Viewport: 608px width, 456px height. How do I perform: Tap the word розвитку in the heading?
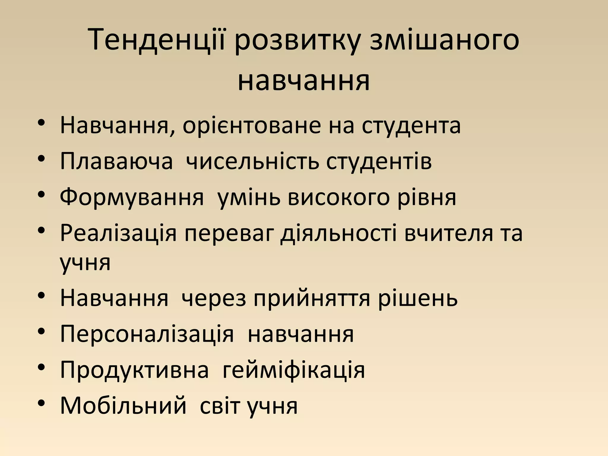click(297, 42)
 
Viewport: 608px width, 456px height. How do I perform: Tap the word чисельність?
click(252, 161)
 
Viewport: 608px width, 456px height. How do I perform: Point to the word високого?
click(339, 198)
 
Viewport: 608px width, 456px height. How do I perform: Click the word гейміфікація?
click(294, 370)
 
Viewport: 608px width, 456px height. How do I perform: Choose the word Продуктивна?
click(134, 370)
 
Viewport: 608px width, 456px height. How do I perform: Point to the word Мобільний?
click(123, 406)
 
